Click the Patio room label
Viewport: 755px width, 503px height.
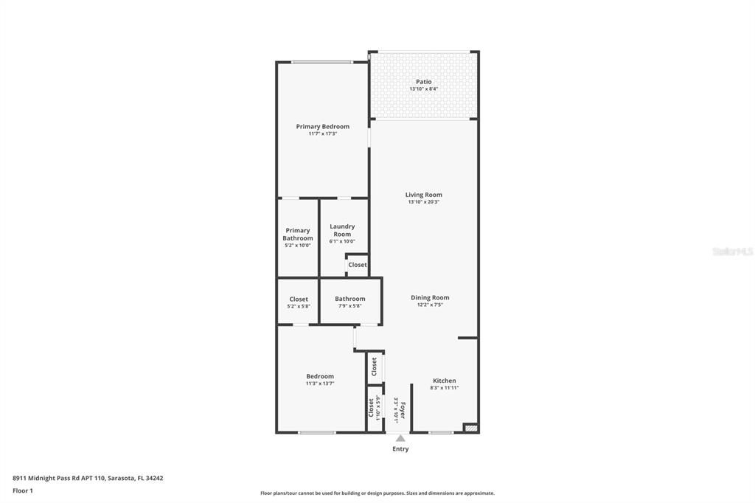tap(424, 82)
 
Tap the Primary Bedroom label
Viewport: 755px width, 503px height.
tap(323, 126)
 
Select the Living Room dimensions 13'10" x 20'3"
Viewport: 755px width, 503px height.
tap(424, 202)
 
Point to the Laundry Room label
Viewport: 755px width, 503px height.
tap(342, 230)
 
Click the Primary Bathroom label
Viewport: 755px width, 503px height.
tap(298, 234)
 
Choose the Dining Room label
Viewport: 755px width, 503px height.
tap(430, 297)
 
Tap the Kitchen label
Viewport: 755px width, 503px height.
tap(445, 380)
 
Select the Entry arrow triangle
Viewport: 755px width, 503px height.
tap(400, 438)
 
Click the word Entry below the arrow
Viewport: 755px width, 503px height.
tap(400, 448)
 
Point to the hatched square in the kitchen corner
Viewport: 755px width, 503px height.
tap(470, 427)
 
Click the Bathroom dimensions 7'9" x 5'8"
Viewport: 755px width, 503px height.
tap(350, 306)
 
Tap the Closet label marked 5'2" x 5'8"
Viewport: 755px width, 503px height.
tap(299, 299)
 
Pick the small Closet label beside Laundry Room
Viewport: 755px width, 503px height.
tap(358, 265)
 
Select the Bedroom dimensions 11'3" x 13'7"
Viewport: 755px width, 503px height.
tap(320, 384)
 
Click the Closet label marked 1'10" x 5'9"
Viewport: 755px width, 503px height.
tap(372, 408)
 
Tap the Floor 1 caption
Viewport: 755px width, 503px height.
tap(23, 490)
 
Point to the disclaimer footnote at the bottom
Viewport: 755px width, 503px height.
tap(377, 493)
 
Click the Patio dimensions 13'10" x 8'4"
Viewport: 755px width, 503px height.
tap(424, 89)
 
